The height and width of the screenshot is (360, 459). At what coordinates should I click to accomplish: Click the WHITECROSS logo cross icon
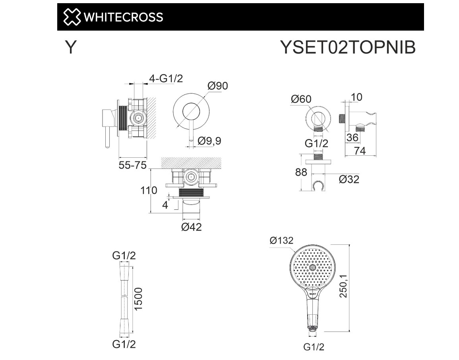tap(72, 17)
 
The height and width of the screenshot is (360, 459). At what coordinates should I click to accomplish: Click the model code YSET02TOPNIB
tap(348, 47)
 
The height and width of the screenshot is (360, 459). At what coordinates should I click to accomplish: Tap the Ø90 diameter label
tap(218, 86)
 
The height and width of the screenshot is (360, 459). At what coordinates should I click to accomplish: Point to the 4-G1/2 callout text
tap(166, 78)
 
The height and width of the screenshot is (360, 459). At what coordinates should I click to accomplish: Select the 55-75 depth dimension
tap(132, 165)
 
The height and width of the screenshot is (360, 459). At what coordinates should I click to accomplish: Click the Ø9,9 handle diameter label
tap(209, 141)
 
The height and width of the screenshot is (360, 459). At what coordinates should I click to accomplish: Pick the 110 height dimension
tap(149, 191)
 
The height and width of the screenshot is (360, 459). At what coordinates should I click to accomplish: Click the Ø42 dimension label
tap(192, 227)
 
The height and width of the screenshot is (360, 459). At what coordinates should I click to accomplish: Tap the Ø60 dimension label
tap(301, 99)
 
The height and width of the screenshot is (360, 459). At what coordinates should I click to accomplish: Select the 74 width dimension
tap(360, 151)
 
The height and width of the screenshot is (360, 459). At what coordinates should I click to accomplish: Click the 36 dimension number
tap(352, 137)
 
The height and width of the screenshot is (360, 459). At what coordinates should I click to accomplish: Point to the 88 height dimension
tap(301, 172)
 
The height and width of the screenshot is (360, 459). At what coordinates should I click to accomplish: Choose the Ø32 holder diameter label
tap(349, 179)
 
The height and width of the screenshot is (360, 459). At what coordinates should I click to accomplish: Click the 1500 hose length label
tap(138, 299)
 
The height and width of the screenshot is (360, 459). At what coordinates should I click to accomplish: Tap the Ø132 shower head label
tap(281, 240)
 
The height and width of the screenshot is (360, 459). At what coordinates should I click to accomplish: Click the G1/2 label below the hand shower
tap(314, 347)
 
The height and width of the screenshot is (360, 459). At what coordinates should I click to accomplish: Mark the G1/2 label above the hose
tap(124, 255)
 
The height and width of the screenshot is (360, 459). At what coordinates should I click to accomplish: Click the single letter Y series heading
tap(71, 47)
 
